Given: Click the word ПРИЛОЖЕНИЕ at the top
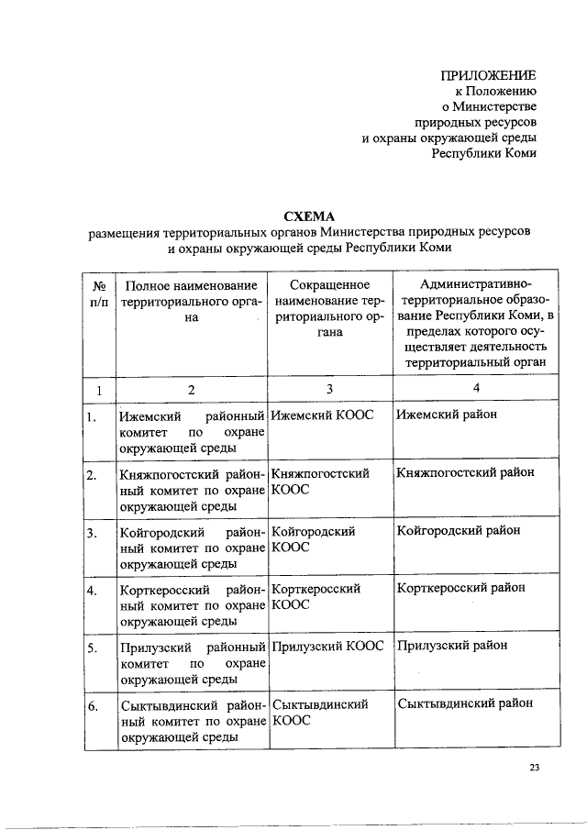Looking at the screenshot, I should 489,74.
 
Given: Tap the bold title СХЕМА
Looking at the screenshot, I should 309,216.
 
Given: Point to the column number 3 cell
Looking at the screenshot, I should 328,388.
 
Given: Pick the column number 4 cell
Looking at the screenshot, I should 474,388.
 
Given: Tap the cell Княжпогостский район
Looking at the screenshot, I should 465,473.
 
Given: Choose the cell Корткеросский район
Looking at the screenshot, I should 461,588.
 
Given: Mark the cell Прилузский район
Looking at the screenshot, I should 451,646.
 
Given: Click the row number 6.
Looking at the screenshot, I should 92,706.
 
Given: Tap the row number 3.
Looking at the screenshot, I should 92,533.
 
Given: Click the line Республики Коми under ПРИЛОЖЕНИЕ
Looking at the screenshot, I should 484,153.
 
